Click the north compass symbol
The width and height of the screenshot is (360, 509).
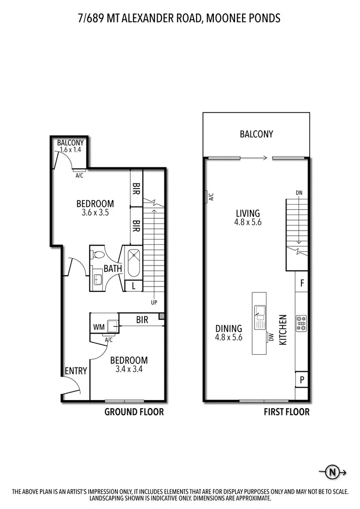[x=332, y=472]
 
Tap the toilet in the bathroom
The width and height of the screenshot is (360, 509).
[x=98, y=254]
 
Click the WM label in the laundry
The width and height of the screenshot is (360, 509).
[x=99, y=327]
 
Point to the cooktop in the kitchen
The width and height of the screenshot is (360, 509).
[x=301, y=323]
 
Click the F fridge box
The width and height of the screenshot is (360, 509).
[x=302, y=283]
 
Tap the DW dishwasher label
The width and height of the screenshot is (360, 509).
[x=271, y=338]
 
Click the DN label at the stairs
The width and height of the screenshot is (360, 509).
[x=298, y=193]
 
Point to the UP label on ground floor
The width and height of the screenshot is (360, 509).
[x=154, y=303]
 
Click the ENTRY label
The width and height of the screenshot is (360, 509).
[x=76, y=371]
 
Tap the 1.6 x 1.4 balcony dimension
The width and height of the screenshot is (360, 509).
[x=71, y=150]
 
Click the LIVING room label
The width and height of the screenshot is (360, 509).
[x=248, y=213]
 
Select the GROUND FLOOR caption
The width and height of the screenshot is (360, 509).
[x=134, y=412]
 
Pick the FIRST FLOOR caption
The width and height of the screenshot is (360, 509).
[x=286, y=412]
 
